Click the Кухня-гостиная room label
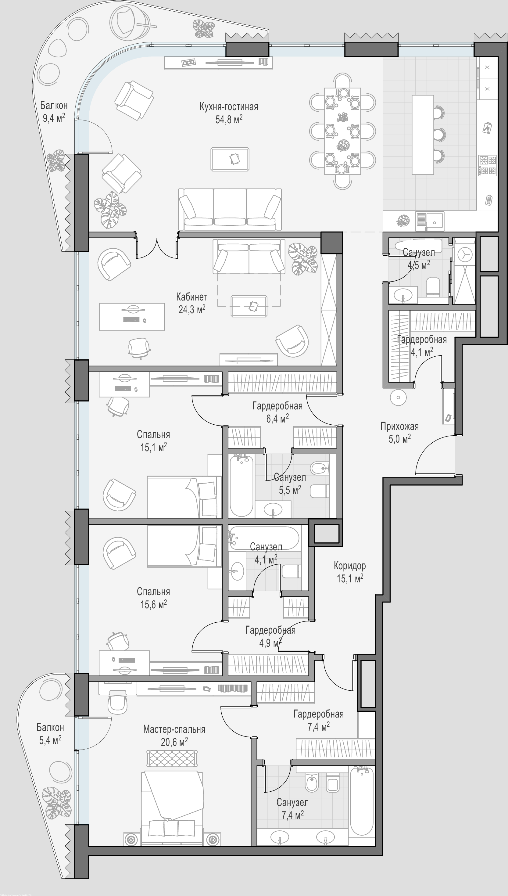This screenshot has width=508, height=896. point(229,107)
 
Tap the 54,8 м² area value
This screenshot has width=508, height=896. point(229,120)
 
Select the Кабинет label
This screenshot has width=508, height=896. point(191,297)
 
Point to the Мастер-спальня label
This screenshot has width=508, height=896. point(174,729)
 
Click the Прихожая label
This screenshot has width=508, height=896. point(399,426)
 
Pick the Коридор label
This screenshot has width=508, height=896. point(350,566)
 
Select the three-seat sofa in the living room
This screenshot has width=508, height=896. point(230,209)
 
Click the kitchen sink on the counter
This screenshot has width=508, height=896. point(430,221)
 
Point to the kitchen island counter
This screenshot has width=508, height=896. point(423,135)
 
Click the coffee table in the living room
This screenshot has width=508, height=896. point(230,159)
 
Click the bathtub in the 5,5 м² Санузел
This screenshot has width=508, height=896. point(241,485)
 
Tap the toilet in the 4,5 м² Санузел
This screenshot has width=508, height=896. point(433,287)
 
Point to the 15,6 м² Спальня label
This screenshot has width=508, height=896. point(153,598)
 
